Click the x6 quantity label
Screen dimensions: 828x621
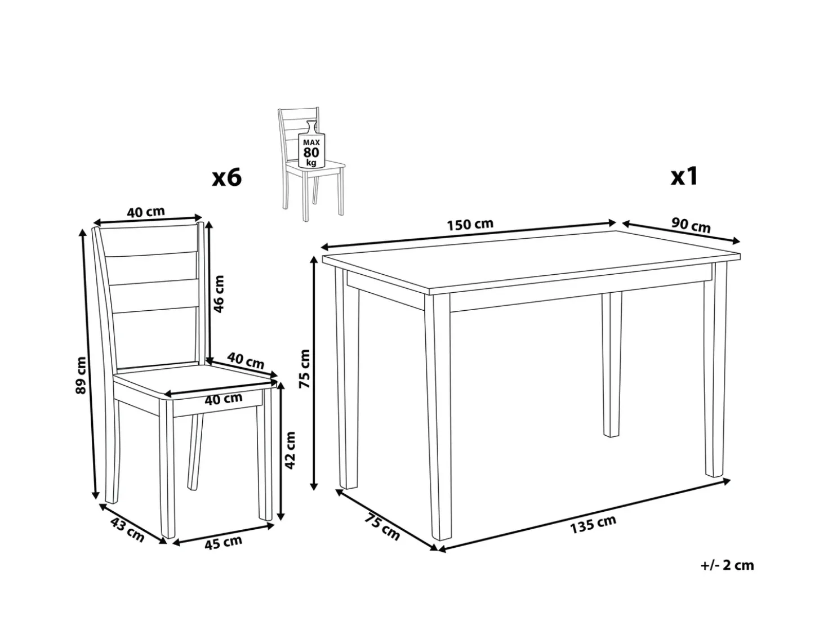tap(226, 177)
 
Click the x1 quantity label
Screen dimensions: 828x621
tap(684, 176)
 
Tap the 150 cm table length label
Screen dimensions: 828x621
tap(470, 224)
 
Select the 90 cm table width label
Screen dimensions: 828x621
tap(691, 225)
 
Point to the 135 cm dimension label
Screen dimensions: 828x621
tap(593, 524)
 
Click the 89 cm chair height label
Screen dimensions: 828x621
tap(81, 375)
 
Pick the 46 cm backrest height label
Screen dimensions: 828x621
tap(219, 294)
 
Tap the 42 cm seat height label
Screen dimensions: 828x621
tap(290, 450)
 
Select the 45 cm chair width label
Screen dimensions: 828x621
tap(223, 543)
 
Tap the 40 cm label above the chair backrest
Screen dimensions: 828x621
tap(146, 212)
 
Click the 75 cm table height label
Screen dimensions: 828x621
tap(304, 368)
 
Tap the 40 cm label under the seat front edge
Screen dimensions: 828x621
tap(223, 399)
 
